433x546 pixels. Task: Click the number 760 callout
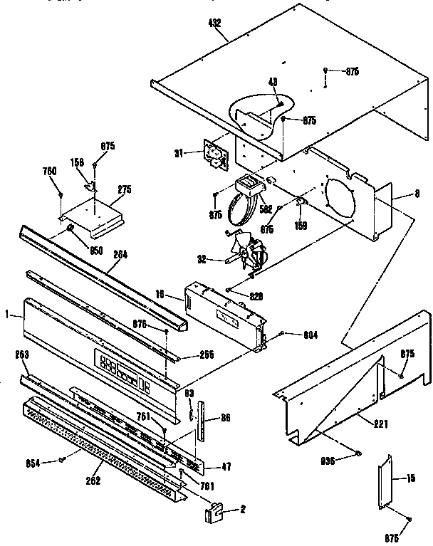tap(49, 170)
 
